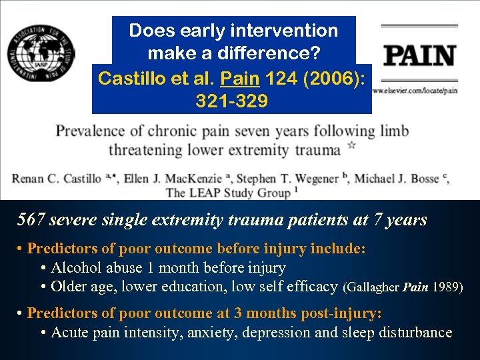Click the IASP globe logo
click(41, 53)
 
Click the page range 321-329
click(232, 101)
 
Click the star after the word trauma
click(352, 145)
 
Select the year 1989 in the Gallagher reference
click(445, 288)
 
